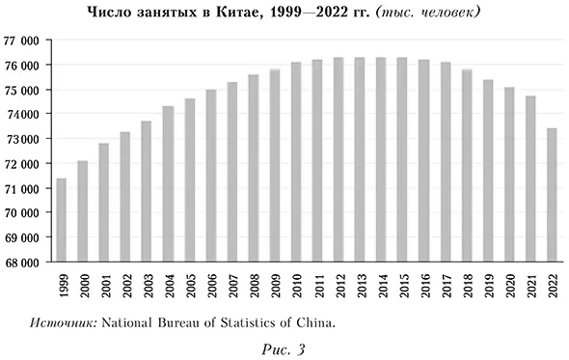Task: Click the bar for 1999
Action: [x=62, y=220]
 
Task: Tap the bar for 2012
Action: [x=339, y=159]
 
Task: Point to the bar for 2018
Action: [x=467, y=165]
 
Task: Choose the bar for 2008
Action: [x=254, y=168]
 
